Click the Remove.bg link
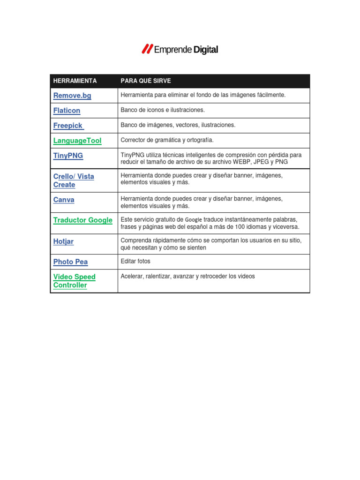tap(72, 96)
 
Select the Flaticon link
tap(67, 111)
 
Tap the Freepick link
tap(68, 126)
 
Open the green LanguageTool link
tap(77, 141)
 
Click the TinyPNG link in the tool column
tap(68, 156)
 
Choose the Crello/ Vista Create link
tap(74, 180)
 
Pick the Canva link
tap(64, 200)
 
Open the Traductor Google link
tap(83, 220)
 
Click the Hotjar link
tap(63, 241)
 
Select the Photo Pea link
tap(70, 262)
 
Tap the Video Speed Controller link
tap(74, 281)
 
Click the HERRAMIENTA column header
tap(75, 81)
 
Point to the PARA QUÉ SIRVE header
tap(146, 81)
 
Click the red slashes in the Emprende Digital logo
tap(147, 49)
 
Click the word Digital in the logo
tap(205, 50)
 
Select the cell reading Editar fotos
tap(135, 261)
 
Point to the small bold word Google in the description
tap(194, 219)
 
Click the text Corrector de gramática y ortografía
tap(167, 140)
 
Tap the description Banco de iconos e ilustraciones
tap(163, 110)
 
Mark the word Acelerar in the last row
tap(133, 277)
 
